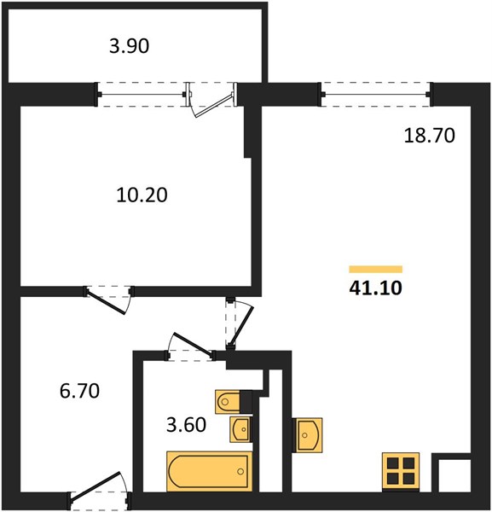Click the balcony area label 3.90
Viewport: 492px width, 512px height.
[x=130, y=46]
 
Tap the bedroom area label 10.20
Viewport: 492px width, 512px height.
[x=142, y=195]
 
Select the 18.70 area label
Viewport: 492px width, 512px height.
[x=430, y=135]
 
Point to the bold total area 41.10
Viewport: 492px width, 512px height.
[x=375, y=288]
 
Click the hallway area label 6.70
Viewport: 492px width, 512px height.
[x=79, y=391]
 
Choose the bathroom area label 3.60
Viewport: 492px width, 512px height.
[x=186, y=425]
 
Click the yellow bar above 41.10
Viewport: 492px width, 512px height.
[x=375, y=269]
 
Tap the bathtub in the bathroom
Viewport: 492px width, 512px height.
[x=210, y=471]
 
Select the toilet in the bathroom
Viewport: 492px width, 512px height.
[x=228, y=402]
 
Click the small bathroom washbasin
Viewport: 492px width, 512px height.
[x=240, y=429]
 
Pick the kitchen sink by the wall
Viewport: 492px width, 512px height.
[x=307, y=435]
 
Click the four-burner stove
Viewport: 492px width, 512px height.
[x=401, y=471]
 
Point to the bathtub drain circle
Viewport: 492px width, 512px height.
[x=240, y=471]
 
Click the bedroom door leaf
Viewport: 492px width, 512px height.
[x=106, y=302]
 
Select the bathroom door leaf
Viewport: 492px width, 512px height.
[x=193, y=344]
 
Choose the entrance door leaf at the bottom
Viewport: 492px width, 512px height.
[x=96, y=486]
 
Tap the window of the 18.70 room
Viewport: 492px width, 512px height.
[x=375, y=95]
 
